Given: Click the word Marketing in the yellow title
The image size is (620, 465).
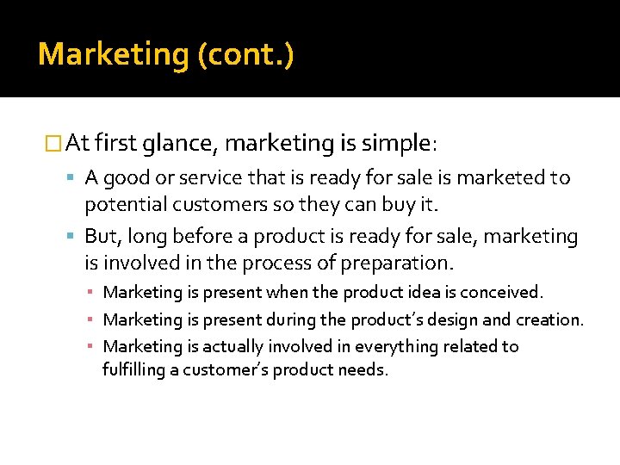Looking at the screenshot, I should tap(114, 55).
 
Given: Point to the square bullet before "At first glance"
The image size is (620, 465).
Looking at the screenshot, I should tap(53, 143).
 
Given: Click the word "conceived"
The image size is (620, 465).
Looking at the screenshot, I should tap(503, 293).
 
